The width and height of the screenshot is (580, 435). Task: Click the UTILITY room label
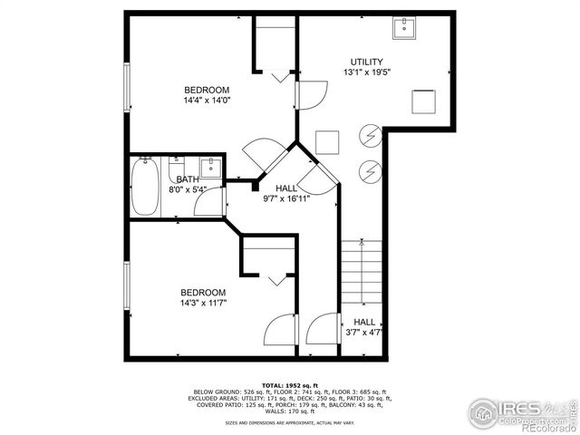(362, 62)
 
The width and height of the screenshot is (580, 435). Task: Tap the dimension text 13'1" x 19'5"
(362, 72)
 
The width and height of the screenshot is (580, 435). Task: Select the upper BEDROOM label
(207, 90)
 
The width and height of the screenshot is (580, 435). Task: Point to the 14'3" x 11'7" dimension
(203, 304)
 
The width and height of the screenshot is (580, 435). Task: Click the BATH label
(188, 179)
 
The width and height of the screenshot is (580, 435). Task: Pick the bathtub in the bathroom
(145, 187)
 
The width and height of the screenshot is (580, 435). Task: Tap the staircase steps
(362, 273)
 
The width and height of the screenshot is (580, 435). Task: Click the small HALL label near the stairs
(364, 322)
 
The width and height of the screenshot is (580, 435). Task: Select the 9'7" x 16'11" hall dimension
(286, 198)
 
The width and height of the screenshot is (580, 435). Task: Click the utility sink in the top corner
(405, 28)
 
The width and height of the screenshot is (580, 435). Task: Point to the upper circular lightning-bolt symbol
(370, 136)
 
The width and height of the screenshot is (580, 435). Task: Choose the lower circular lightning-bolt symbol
(370, 169)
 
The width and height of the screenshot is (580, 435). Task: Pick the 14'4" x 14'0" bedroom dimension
(207, 101)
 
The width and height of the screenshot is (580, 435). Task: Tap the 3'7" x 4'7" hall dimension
(364, 333)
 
